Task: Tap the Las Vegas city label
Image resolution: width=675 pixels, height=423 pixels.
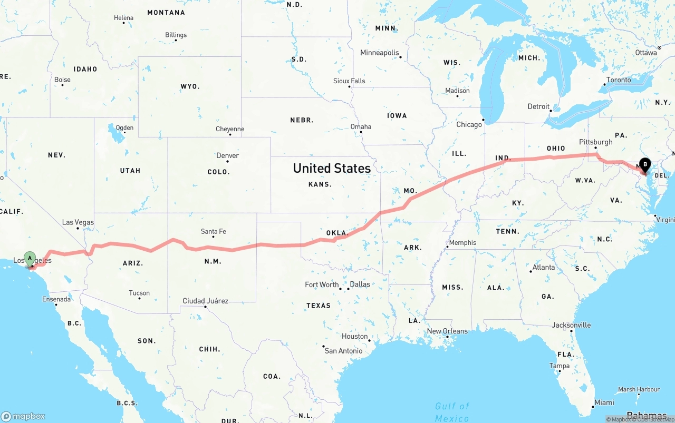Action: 78,222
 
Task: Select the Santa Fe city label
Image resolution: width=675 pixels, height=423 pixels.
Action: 213,231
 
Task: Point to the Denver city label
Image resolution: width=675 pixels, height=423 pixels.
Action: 227,155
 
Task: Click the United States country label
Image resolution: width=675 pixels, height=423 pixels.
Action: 332,168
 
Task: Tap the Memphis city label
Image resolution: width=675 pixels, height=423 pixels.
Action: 463,243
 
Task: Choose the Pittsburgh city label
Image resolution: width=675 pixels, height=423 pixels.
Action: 595,142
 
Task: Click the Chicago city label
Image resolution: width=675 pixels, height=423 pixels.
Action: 469,124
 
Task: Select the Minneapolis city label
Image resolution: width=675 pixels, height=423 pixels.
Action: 379,53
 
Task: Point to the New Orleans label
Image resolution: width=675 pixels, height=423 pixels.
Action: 447,331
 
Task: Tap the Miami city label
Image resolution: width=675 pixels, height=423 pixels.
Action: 604,402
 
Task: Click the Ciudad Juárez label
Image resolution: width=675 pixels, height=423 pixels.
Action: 205,301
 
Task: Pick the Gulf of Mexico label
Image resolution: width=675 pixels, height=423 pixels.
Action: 452,412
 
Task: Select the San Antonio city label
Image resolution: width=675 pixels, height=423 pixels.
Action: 343,351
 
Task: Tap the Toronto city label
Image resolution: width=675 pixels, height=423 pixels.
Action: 618,80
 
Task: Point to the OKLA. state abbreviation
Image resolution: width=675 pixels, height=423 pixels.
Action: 337,233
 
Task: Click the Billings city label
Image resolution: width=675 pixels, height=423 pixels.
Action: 176,35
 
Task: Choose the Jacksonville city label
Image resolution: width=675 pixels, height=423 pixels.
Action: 571,325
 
